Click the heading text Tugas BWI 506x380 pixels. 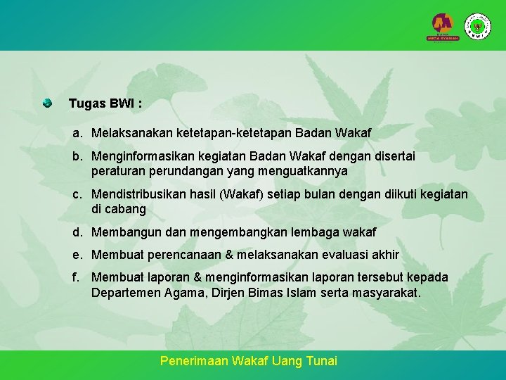105,103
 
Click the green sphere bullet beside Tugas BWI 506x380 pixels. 47,103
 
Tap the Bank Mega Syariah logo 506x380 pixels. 443,27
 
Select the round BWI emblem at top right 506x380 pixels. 479,27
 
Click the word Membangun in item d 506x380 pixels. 123,232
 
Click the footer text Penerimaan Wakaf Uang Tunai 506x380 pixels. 249,361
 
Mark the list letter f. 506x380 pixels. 75,278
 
